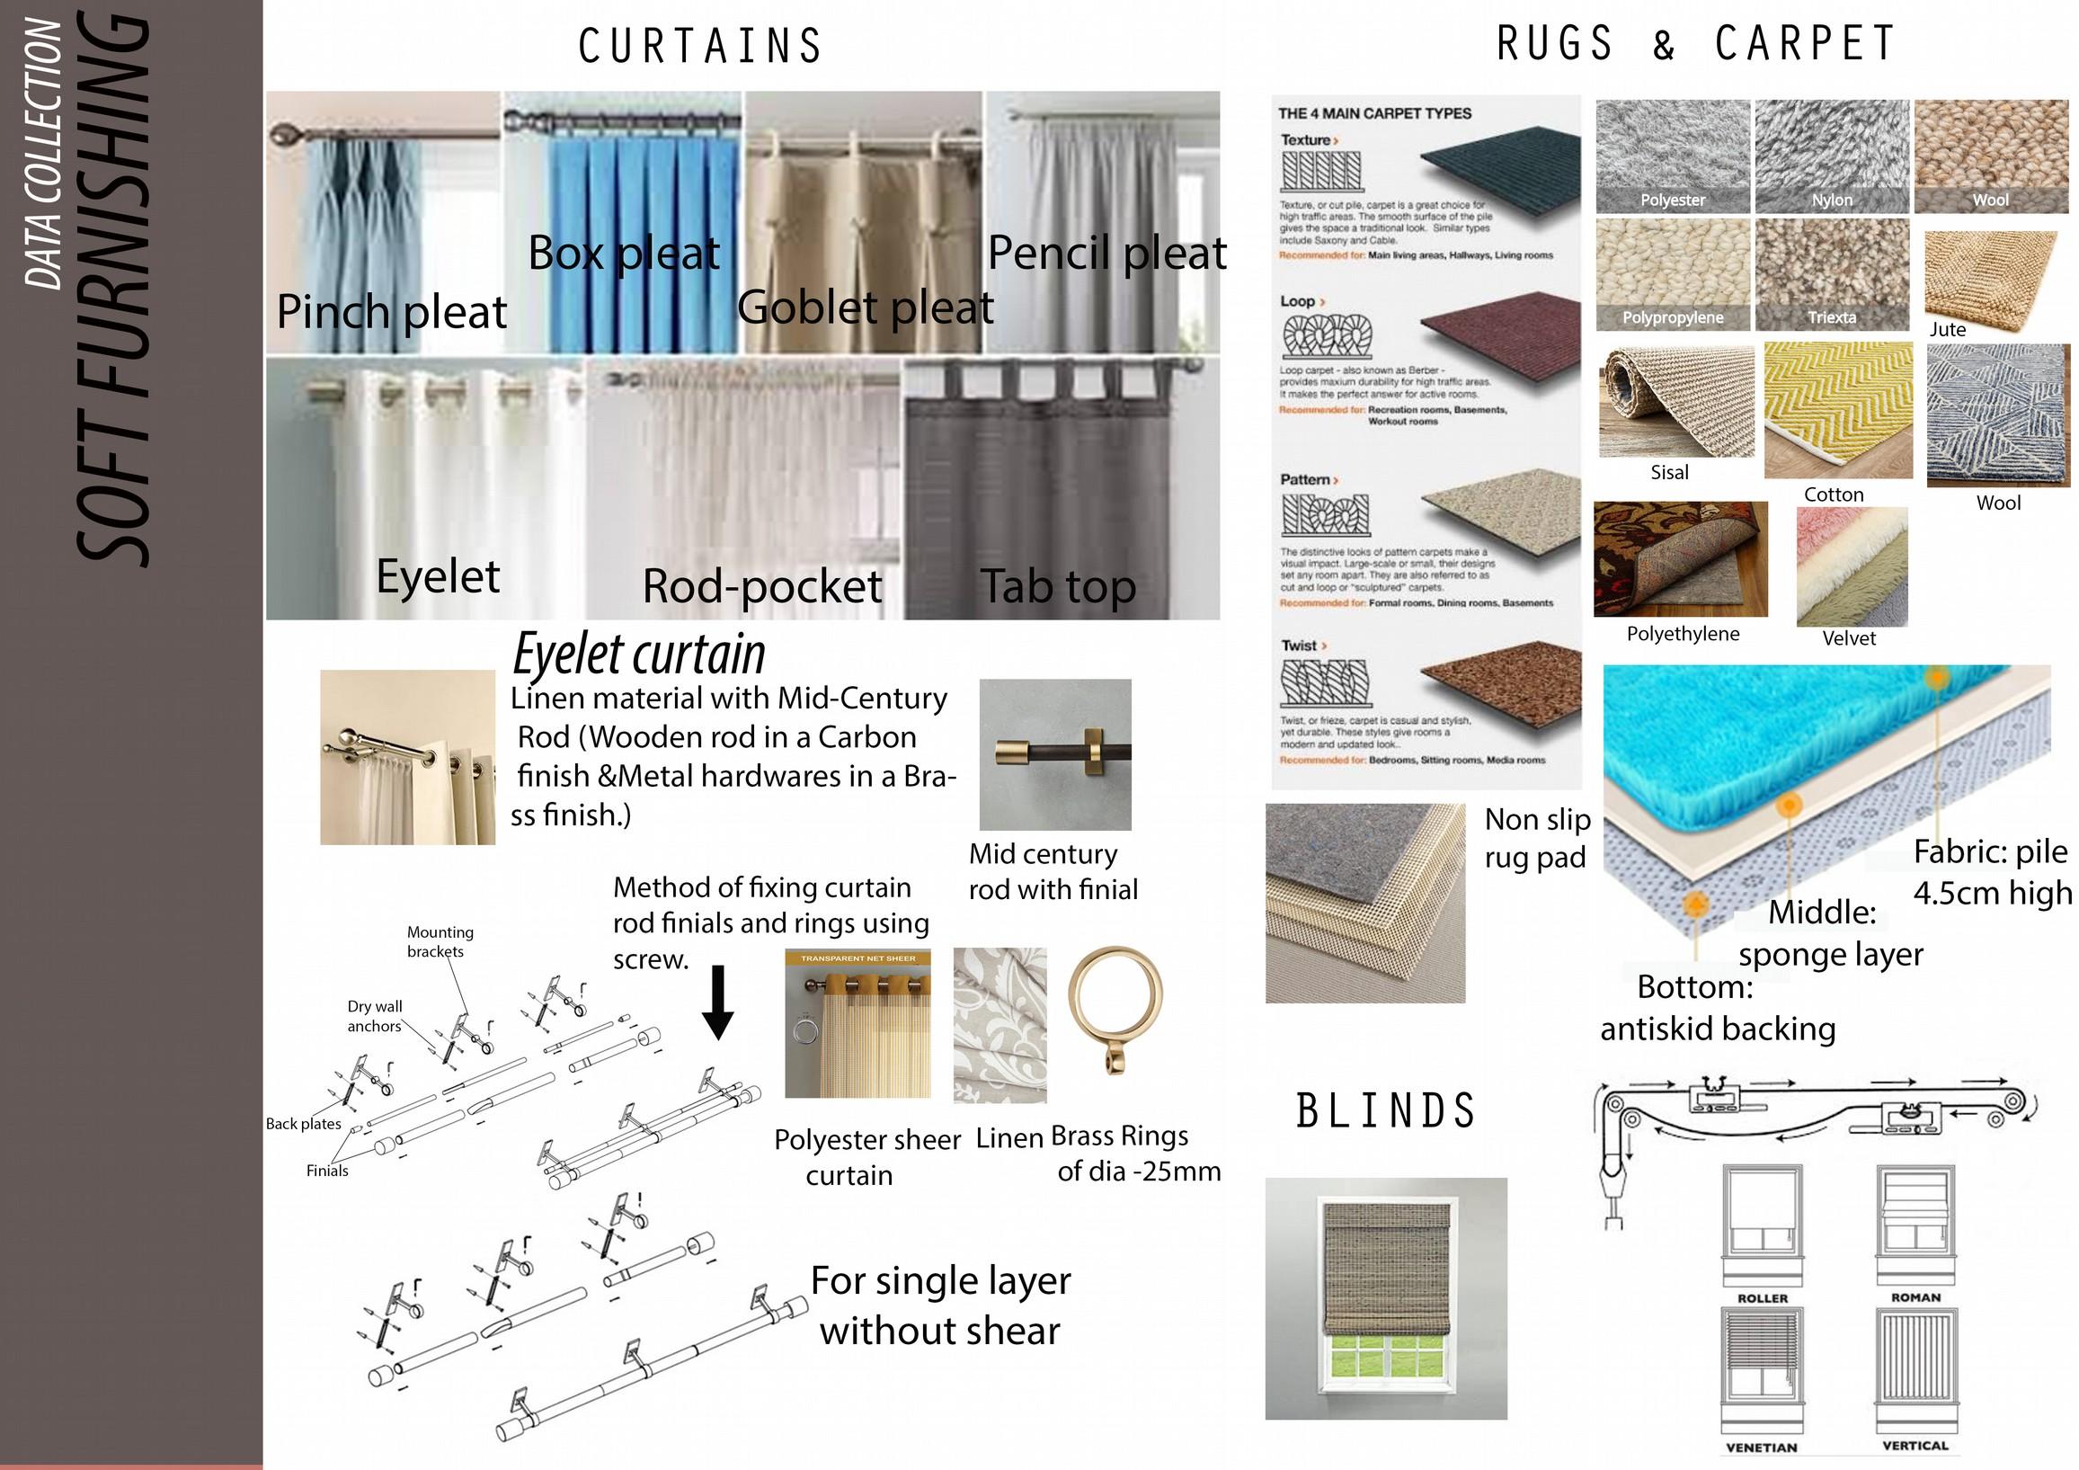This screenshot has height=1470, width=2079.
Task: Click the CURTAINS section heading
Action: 699,46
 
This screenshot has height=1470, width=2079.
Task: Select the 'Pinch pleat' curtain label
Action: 391,313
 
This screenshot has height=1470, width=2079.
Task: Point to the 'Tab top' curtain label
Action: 1058,587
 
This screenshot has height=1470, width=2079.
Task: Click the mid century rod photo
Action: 1055,754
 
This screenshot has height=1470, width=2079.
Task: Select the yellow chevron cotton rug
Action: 1837,409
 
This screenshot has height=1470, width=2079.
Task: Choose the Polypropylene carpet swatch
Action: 1672,274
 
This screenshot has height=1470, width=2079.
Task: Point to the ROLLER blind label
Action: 1762,1298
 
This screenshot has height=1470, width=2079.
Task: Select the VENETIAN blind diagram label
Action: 1761,1448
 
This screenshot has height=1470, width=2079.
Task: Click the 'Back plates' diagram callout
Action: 303,1124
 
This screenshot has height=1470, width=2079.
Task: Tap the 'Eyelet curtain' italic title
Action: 639,654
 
